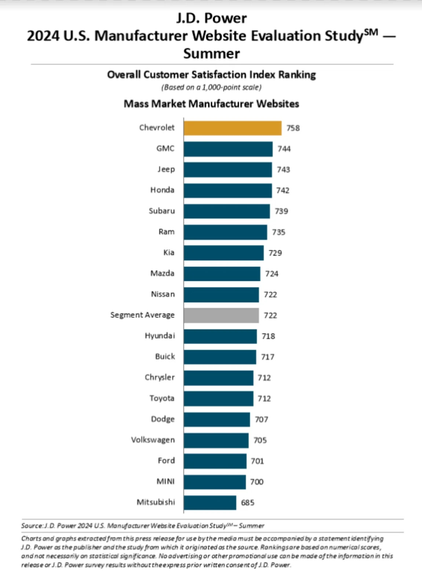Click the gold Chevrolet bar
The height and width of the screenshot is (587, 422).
click(x=232, y=128)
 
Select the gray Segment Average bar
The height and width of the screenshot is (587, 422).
click(x=221, y=316)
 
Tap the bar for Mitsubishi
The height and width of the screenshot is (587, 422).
click(x=210, y=503)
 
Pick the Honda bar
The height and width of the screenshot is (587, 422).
click(x=228, y=190)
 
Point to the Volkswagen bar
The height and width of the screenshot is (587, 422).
click(x=216, y=440)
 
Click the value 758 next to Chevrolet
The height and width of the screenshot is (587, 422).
click(x=293, y=128)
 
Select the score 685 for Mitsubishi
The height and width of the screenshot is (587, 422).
click(x=248, y=503)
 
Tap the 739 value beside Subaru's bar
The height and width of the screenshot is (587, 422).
click(x=281, y=211)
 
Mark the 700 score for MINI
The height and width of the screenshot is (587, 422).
click(x=257, y=482)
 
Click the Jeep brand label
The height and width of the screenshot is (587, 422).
click(x=166, y=169)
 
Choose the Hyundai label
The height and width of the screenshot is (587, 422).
click(x=160, y=336)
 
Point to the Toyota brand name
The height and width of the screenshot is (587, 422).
click(x=162, y=398)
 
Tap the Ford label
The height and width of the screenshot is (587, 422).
click(x=166, y=461)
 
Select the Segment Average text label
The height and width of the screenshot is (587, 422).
click(x=142, y=315)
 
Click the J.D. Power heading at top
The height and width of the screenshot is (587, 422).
click(x=211, y=18)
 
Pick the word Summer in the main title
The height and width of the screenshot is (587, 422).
click(x=211, y=54)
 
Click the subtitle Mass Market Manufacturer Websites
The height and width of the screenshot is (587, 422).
click(x=211, y=104)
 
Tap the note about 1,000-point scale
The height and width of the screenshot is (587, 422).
click(x=211, y=87)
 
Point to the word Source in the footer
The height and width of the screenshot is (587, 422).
click(x=32, y=526)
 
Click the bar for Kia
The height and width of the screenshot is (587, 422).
click(x=223, y=253)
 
